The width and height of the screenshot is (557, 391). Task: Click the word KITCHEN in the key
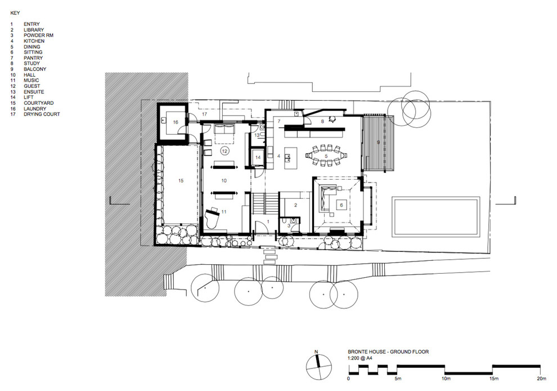[x=34, y=41]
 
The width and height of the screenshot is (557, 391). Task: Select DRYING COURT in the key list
[x=42, y=114]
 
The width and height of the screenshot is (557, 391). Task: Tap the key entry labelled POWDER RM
[x=39, y=35]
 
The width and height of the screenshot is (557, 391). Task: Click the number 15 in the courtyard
[x=181, y=181]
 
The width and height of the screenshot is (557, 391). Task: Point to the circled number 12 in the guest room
[x=224, y=151]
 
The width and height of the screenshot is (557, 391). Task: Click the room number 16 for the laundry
[x=176, y=122]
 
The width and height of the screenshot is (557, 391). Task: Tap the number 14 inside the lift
[x=258, y=157]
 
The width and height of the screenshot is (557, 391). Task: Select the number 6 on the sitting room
[x=342, y=205]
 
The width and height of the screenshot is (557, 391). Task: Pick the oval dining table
[x=326, y=155]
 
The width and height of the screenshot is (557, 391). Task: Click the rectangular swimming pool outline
[x=435, y=217]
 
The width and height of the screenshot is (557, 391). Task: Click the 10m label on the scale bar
[x=446, y=379]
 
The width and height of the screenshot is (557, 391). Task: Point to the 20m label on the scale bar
[x=541, y=379]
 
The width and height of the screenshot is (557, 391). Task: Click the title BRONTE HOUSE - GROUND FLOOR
[x=388, y=352]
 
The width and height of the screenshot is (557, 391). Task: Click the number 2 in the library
[x=295, y=205]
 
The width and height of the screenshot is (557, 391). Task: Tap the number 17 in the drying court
[x=205, y=114]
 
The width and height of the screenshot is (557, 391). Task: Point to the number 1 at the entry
[x=268, y=221]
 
